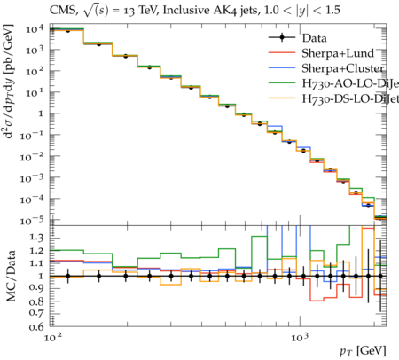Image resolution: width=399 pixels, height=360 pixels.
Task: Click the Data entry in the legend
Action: tap(314, 38)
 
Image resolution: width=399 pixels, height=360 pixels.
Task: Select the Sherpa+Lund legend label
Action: tap(338, 53)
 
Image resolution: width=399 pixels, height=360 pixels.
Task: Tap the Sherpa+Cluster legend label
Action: tap(343, 68)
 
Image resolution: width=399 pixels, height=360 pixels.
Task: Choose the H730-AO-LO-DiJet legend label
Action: tap(350, 83)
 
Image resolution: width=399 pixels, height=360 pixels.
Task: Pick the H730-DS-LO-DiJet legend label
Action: tap(350, 98)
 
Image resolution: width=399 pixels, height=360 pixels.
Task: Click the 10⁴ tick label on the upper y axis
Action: tap(35, 29)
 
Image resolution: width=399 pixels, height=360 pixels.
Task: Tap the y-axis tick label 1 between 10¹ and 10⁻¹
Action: tap(41, 113)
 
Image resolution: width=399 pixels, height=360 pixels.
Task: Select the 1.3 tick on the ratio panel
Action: tap(36, 238)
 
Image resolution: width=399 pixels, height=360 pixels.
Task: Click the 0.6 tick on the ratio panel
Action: tap(36, 327)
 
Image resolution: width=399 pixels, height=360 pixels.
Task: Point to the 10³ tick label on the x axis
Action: tap(301, 337)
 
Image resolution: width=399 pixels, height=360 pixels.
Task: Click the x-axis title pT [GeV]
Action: tap(363, 351)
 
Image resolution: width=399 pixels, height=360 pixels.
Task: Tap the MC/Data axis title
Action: tap(11, 276)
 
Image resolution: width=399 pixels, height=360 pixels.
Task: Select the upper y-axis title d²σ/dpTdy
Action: tap(9, 82)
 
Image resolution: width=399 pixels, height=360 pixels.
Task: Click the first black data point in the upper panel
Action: tap(68, 30)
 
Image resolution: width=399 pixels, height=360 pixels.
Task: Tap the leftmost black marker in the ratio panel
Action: tap(68, 277)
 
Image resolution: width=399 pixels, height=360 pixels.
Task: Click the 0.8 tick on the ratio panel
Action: tap(36, 301)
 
